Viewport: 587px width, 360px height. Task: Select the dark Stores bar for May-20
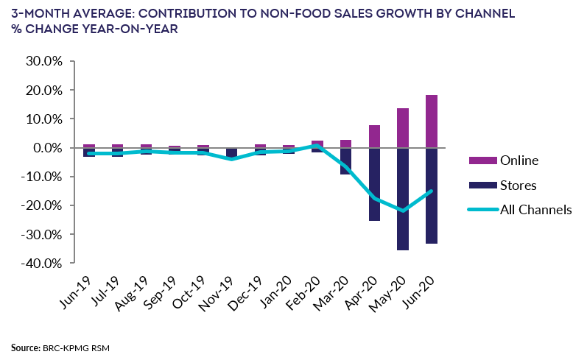click(x=403, y=199)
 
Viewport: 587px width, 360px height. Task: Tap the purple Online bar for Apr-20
click(x=374, y=136)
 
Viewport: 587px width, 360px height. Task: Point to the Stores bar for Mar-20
click(x=345, y=161)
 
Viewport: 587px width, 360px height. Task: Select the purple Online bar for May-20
click(x=403, y=128)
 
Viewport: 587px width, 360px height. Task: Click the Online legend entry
click(x=519, y=160)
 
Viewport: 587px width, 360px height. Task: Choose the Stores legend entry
click(x=517, y=185)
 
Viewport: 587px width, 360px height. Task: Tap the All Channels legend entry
click(x=535, y=210)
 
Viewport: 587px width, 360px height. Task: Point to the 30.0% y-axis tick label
click(x=43, y=61)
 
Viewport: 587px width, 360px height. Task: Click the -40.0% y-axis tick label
click(x=41, y=263)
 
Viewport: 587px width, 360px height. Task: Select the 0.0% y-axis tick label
click(x=46, y=148)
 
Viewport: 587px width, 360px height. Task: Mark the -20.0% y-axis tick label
click(x=41, y=205)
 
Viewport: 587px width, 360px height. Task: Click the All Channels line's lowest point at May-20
click(x=403, y=211)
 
